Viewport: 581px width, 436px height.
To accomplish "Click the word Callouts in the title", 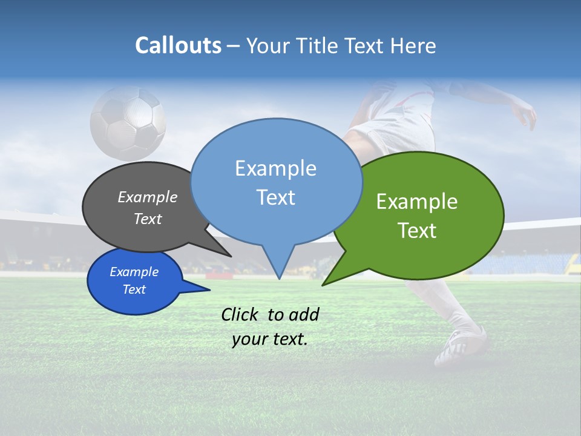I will coord(178,45).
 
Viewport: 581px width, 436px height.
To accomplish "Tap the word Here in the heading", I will coord(413,45).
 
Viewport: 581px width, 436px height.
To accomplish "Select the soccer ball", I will coord(128,123).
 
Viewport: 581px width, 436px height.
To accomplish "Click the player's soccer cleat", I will coord(462,346).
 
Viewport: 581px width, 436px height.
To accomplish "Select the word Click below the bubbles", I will coord(241,314).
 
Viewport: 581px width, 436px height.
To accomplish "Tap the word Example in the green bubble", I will coord(417,202).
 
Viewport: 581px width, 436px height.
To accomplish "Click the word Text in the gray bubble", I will coord(148,219).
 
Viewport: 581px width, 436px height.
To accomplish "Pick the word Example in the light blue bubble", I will coord(275,168).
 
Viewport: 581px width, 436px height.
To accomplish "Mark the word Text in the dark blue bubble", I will coord(134,289).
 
